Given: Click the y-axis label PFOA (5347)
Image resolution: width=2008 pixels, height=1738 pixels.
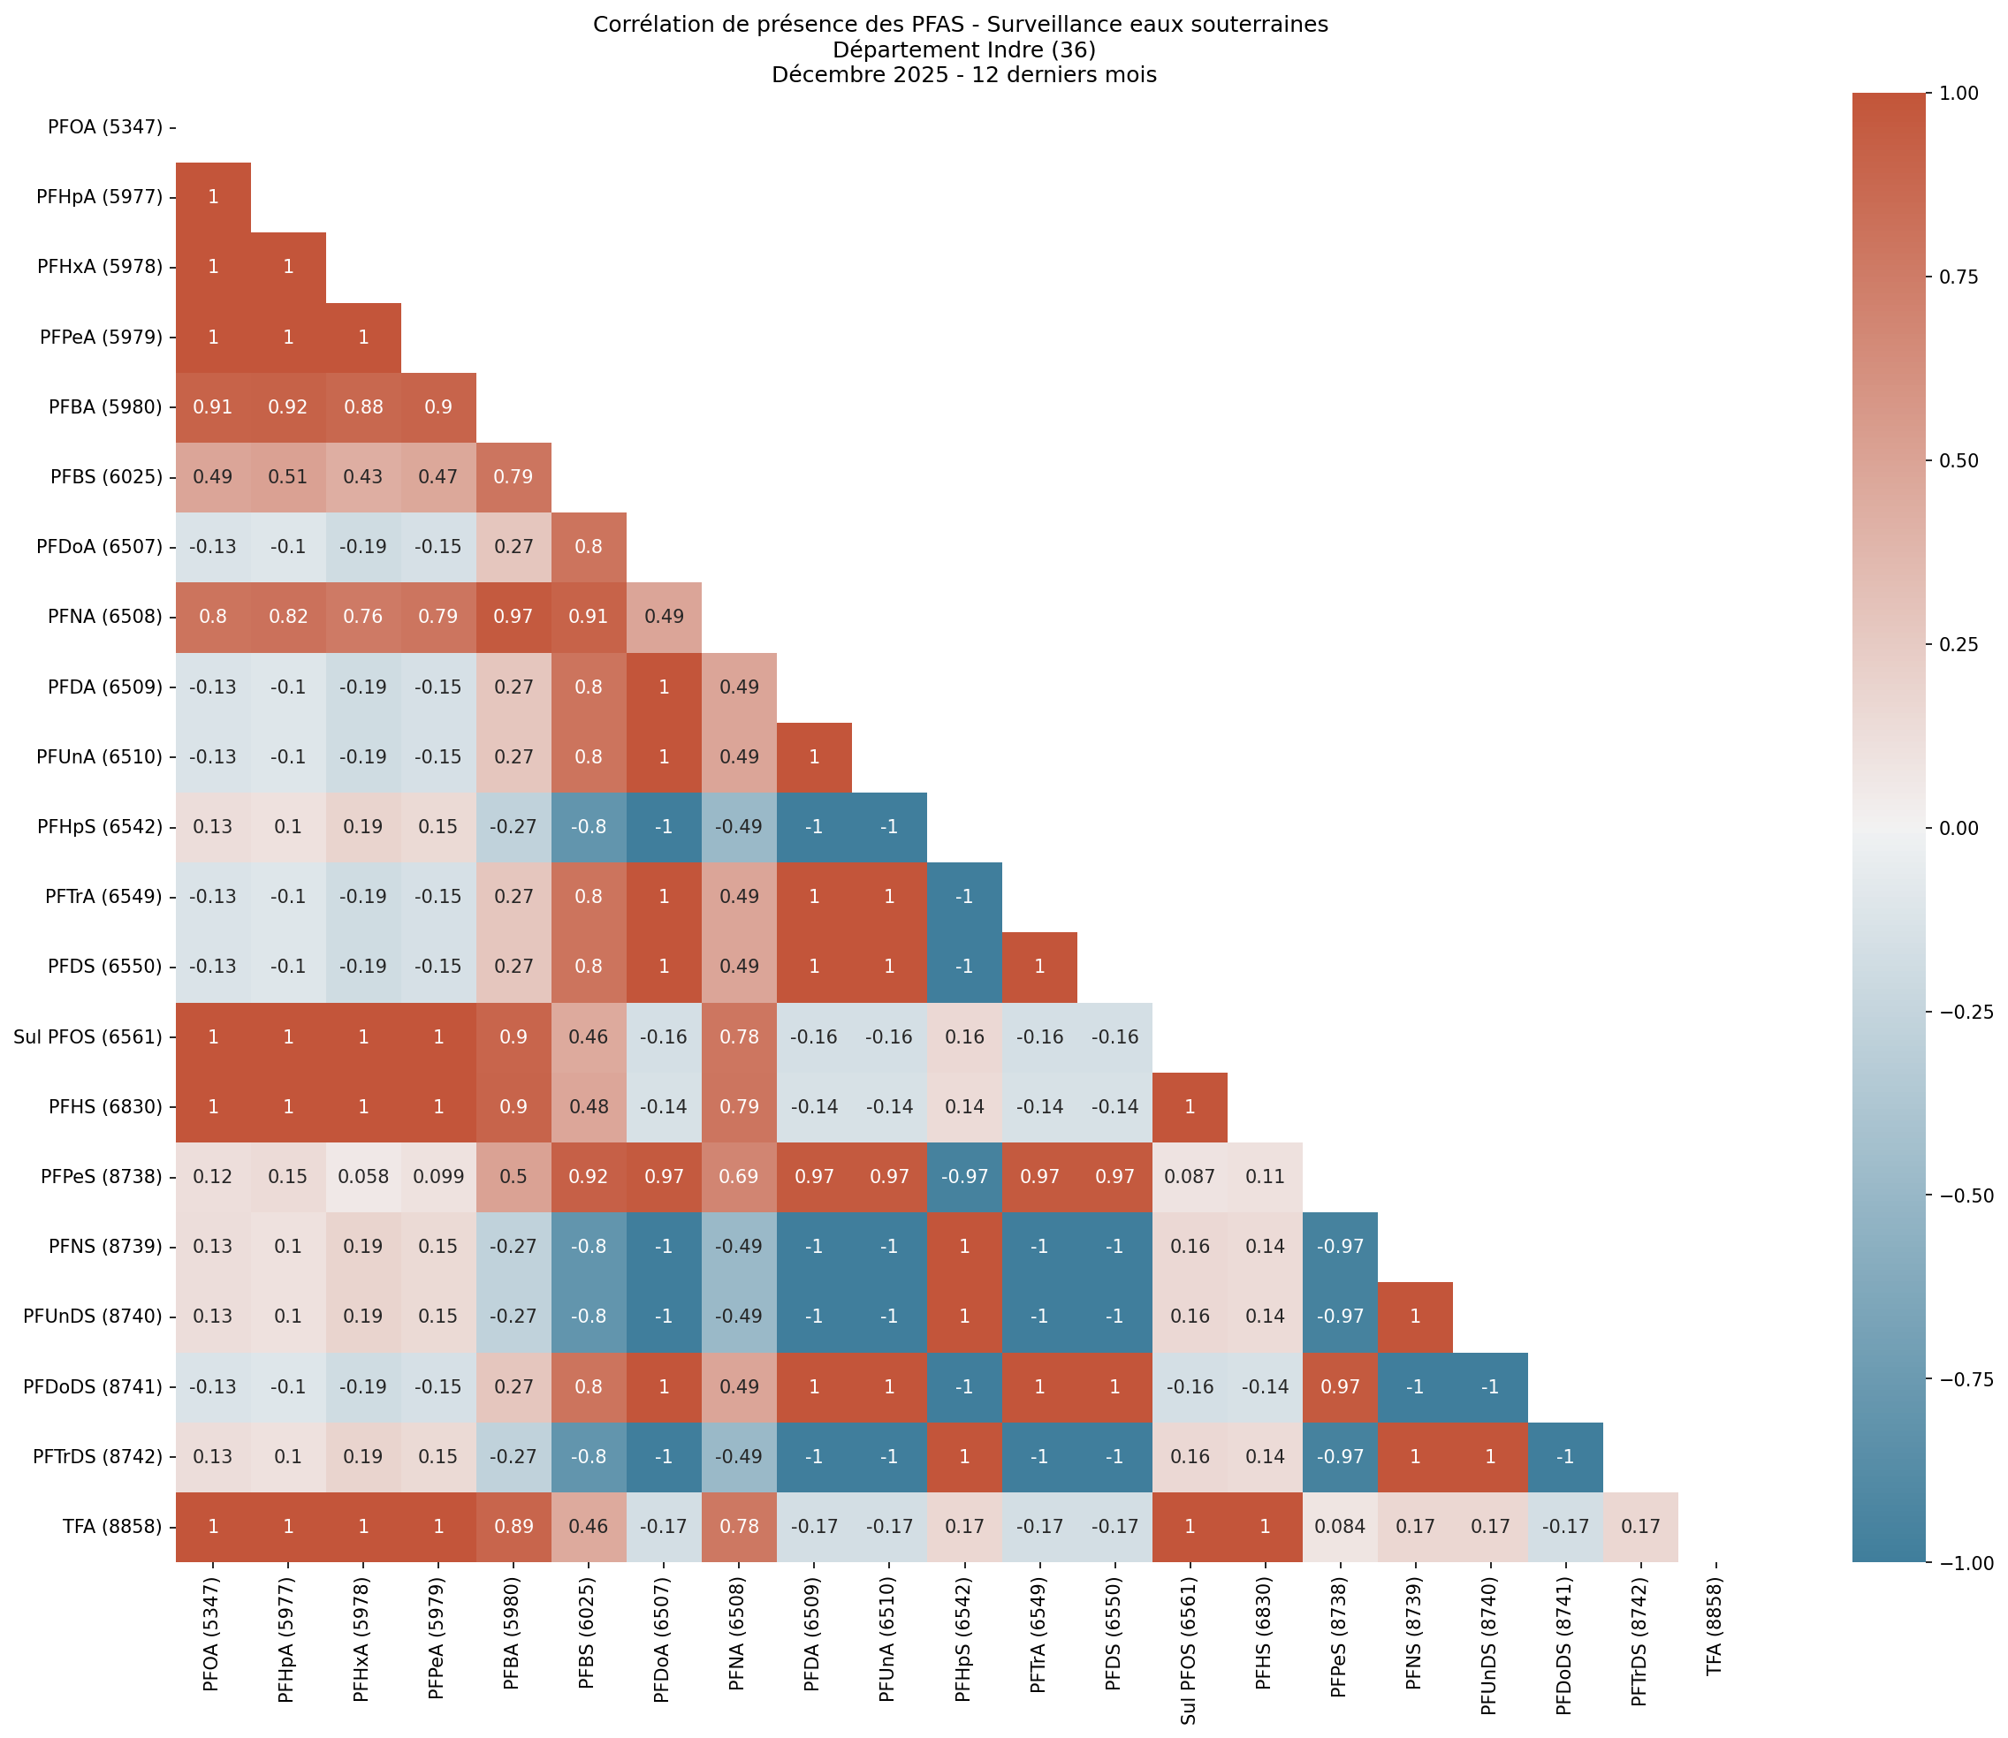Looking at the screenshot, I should (105, 127).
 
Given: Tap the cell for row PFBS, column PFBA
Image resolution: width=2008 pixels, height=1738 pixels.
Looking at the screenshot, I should (513, 477).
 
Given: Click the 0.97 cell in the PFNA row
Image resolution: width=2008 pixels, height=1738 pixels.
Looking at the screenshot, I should (513, 617).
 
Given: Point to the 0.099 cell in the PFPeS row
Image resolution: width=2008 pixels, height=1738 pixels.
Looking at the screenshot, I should (438, 1176).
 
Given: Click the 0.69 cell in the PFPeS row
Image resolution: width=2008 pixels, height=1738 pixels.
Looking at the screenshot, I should (738, 1176).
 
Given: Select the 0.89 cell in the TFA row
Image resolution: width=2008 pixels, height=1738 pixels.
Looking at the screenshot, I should (513, 1527).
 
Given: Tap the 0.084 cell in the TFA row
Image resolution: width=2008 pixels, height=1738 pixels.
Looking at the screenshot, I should (1340, 1527).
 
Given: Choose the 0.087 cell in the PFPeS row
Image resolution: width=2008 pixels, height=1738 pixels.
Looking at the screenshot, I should (1190, 1176).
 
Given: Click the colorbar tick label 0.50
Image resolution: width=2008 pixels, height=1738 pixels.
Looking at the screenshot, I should (1959, 459).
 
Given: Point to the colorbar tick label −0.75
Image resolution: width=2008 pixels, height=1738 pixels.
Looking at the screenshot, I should (1959, 1380).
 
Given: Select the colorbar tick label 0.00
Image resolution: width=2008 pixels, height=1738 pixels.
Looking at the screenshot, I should (1959, 827).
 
